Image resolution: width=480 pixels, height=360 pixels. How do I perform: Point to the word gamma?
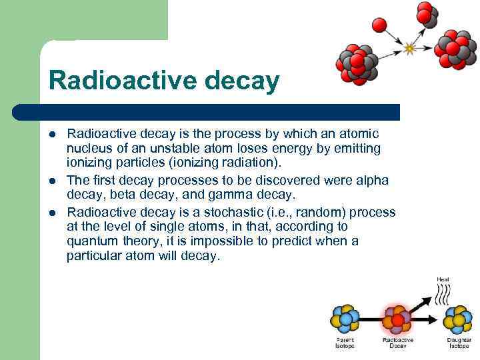[259, 195]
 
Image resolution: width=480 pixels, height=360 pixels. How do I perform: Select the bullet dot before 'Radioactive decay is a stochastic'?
[53, 213]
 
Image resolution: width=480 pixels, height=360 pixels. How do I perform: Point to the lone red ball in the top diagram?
[379, 25]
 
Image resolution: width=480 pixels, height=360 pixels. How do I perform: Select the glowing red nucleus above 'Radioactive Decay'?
[398, 319]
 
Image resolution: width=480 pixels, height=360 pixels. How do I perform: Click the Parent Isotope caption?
[345, 343]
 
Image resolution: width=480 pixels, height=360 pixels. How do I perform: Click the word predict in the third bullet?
[303, 241]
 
